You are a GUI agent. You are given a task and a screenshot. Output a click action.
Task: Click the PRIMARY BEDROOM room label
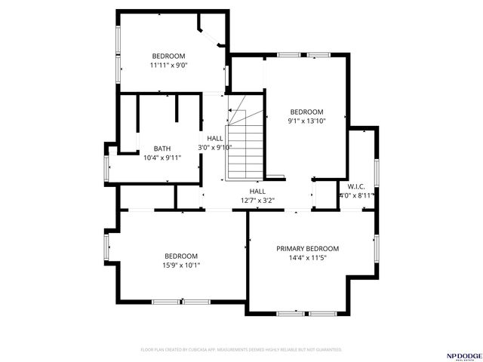click(x=307, y=249)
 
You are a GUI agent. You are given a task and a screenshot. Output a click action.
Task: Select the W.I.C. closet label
click(x=356, y=186)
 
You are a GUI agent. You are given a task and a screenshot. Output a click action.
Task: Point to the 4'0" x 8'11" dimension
click(x=356, y=195)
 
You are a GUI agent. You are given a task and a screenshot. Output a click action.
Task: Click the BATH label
click(x=162, y=149)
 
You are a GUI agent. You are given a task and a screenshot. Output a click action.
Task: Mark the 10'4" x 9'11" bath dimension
click(x=162, y=158)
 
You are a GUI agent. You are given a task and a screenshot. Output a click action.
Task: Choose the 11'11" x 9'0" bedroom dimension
click(x=168, y=66)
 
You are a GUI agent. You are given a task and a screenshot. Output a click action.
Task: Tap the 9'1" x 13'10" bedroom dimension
click(x=306, y=121)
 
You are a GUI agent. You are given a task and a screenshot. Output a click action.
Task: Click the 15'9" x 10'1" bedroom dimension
click(x=181, y=265)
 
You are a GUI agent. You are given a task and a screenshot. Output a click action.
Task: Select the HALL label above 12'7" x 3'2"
click(x=257, y=192)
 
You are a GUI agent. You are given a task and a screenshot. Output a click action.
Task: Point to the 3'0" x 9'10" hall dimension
click(x=215, y=148)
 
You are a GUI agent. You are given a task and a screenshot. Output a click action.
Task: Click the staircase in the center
click(x=245, y=140)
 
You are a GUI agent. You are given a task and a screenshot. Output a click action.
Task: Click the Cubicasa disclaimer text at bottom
click(x=241, y=350)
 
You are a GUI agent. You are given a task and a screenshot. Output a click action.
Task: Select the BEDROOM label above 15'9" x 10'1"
click(x=181, y=256)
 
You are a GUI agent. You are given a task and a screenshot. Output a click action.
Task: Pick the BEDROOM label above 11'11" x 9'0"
click(x=168, y=57)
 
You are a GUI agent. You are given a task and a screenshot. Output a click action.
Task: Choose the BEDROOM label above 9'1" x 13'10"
click(x=306, y=112)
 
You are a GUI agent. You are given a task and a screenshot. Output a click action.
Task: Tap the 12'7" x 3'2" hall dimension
click(x=257, y=201)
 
